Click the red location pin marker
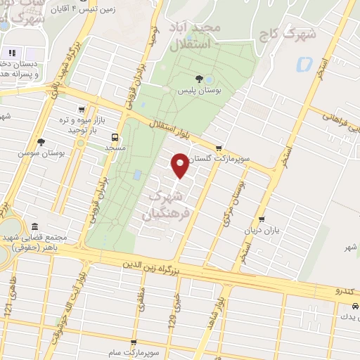coord(181,165)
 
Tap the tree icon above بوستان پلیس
coord(207,79)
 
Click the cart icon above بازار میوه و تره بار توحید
coord(83,110)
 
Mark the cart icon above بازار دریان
coord(262,220)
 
